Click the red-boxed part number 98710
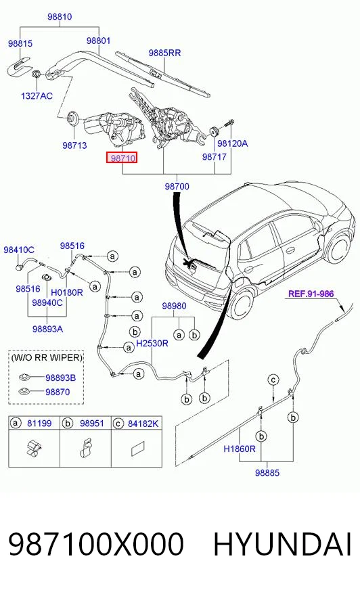click(x=122, y=158)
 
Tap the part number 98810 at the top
click(x=60, y=16)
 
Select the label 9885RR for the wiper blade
click(x=164, y=53)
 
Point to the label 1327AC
click(x=37, y=96)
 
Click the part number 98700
click(x=177, y=186)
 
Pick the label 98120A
click(x=233, y=143)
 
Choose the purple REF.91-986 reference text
click(x=311, y=294)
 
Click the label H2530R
click(x=152, y=343)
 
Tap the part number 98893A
click(x=47, y=329)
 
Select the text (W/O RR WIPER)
click(x=46, y=357)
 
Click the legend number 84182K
click(x=143, y=424)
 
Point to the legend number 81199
click(x=39, y=424)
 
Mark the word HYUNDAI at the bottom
click(x=282, y=544)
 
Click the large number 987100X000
click(x=96, y=544)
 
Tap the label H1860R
click(x=240, y=449)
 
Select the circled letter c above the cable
click(x=273, y=380)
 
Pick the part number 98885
click(x=267, y=472)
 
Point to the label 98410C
click(x=19, y=250)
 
